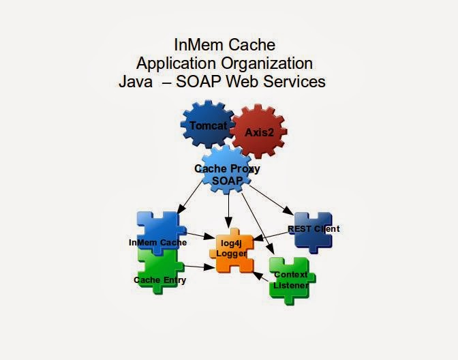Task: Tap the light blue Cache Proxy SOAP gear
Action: click(227, 173)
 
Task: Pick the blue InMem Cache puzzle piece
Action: click(158, 232)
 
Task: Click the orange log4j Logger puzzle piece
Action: click(231, 249)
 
